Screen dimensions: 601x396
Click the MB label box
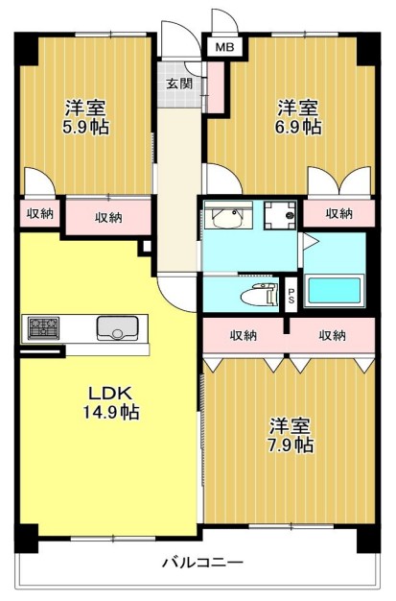point(222,46)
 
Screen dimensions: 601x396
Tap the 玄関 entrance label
point(178,84)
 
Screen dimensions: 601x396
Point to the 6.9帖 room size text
point(300,127)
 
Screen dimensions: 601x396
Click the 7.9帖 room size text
point(291,444)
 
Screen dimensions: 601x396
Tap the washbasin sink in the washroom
point(227,217)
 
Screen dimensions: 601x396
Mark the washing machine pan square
point(282,217)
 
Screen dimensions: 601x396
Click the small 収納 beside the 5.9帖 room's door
point(38,213)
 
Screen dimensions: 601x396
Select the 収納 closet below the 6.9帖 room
point(338,213)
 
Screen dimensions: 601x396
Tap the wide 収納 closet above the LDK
point(107,217)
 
